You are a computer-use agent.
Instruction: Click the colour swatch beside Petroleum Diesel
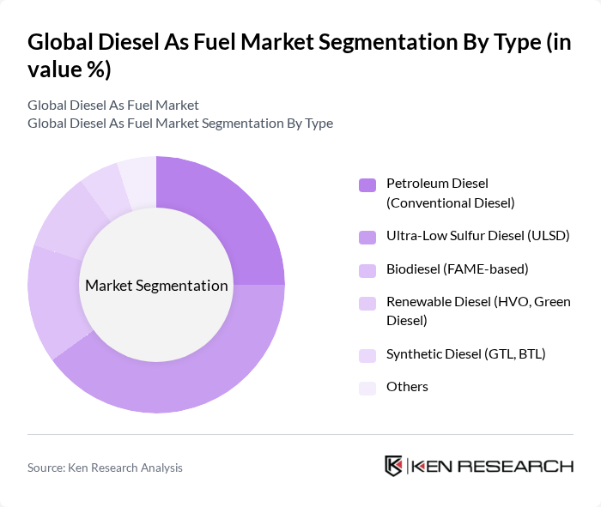367,184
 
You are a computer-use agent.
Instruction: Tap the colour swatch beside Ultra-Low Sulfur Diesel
367,236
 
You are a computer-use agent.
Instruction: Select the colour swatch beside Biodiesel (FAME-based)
367,270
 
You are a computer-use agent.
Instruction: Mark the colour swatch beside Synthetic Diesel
367,354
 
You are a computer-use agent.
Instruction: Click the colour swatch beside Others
367,388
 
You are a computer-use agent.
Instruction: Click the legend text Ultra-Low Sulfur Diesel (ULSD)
478,235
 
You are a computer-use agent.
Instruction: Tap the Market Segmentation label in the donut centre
156,286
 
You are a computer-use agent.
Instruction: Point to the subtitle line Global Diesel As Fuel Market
113,106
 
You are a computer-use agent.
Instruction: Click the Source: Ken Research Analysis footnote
105,468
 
